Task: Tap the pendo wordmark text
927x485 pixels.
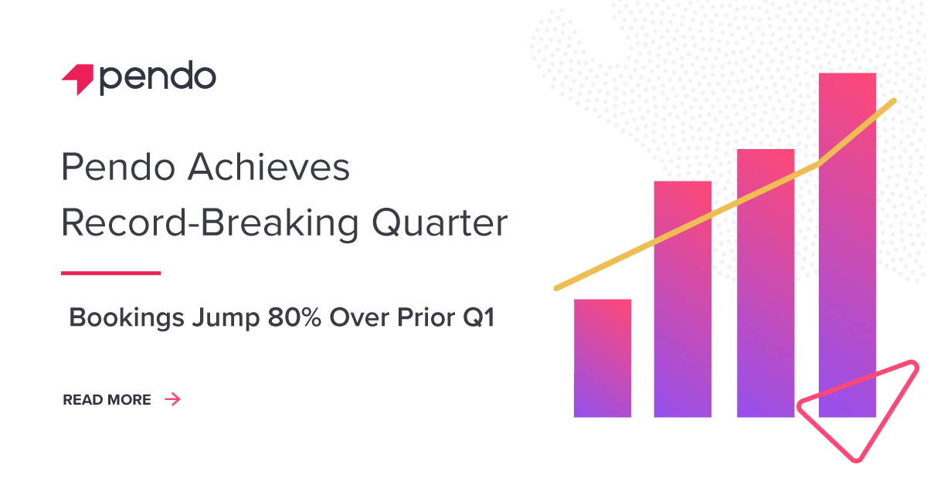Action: coord(158,78)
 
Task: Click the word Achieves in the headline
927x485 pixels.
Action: coord(269,167)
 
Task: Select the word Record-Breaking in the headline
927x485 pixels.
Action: coord(210,223)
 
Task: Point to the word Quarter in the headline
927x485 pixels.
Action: coord(440,223)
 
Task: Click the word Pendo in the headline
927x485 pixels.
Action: coord(118,167)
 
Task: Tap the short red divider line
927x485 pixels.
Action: coord(111,273)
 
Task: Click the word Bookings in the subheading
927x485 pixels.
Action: coord(127,318)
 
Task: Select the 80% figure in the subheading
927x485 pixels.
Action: coord(294,317)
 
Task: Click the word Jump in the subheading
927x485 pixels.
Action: coord(226,318)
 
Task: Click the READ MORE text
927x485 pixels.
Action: coord(107,400)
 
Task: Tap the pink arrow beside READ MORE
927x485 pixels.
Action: coord(173,399)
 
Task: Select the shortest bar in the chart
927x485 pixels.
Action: coord(603,358)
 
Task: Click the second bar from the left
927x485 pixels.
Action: coord(683,299)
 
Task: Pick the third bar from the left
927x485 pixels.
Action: coord(766,283)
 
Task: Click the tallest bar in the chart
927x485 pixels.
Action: coord(847,245)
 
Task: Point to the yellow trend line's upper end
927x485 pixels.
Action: coord(894,100)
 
